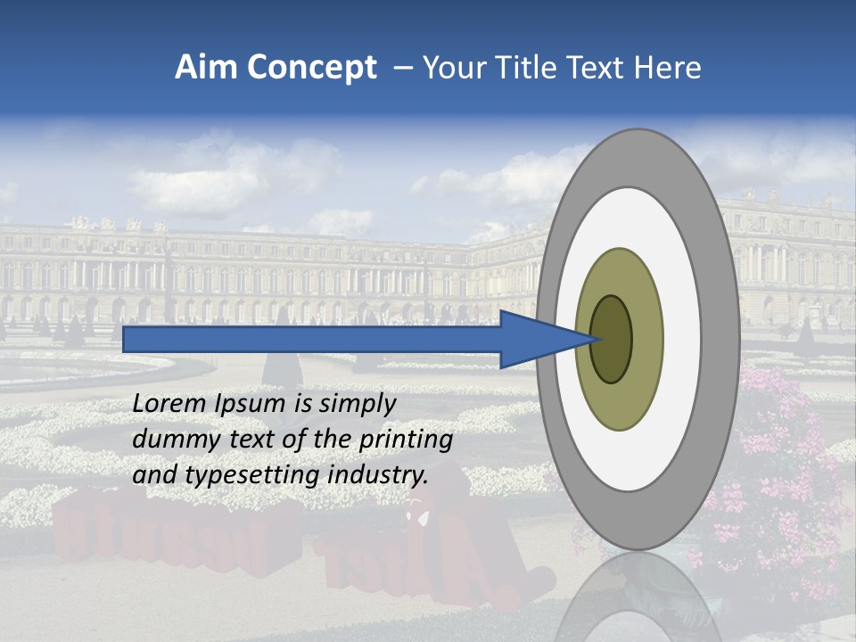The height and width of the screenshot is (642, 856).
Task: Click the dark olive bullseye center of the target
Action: click(612, 339)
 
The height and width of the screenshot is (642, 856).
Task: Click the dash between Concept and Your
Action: click(402, 68)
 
